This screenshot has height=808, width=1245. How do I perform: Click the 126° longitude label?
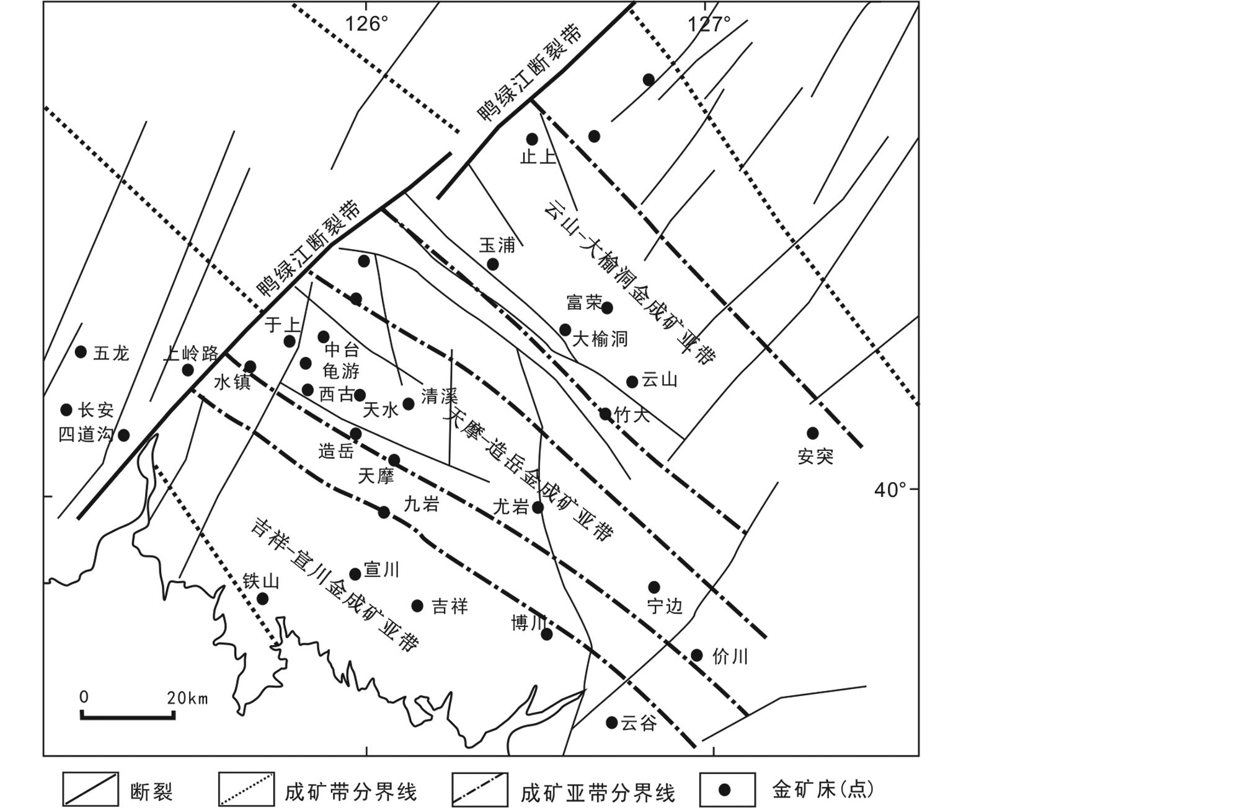pyautogui.click(x=366, y=24)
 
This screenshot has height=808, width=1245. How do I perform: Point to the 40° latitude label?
pyautogui.click(x=890, y=490)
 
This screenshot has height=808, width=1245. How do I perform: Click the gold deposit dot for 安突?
pyautogui.click(x=812, y=433)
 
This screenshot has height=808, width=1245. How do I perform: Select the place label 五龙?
pyautogui.click(x=111, y=353)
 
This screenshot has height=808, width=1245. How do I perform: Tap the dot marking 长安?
pyautogui.click(x=66, y=410)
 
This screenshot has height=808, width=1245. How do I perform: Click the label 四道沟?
pyautogui.click(x=86, y=434)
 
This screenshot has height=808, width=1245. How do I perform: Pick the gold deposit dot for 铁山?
pyautogui.click(x=262, y=599)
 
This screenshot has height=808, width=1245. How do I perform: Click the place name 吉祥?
pyautogui.click(x=450, y=606)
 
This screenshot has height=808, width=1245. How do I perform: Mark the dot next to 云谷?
pyautogui.click(x=611, y=722)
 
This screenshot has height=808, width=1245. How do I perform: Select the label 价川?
pyautogui.click(x=730, y=657)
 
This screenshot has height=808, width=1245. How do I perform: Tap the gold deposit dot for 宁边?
pyautogui.click(x=654, y=587)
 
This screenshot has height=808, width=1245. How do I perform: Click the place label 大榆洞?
pyautogui.click(x=600, y=339)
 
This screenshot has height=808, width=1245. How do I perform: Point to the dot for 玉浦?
pyautogui.click(x=493, y=264)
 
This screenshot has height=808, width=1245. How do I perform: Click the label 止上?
pyautogui.click(x=538, y=157)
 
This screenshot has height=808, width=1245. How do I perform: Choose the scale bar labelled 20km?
pyautogui.click(x=127, y=716)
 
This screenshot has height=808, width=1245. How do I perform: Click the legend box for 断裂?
pyautogui.click(x=90, y=789)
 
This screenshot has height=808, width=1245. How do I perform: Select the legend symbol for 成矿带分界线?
pyautogui.click(x=246, y=789)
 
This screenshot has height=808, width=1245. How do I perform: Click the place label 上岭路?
pyautogui.click(x=190, y=353)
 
